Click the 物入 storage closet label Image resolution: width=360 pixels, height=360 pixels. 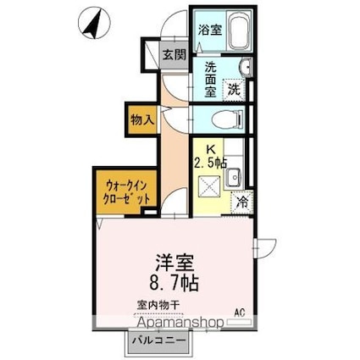[142, 119]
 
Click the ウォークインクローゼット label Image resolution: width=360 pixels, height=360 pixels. [129, 191]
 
